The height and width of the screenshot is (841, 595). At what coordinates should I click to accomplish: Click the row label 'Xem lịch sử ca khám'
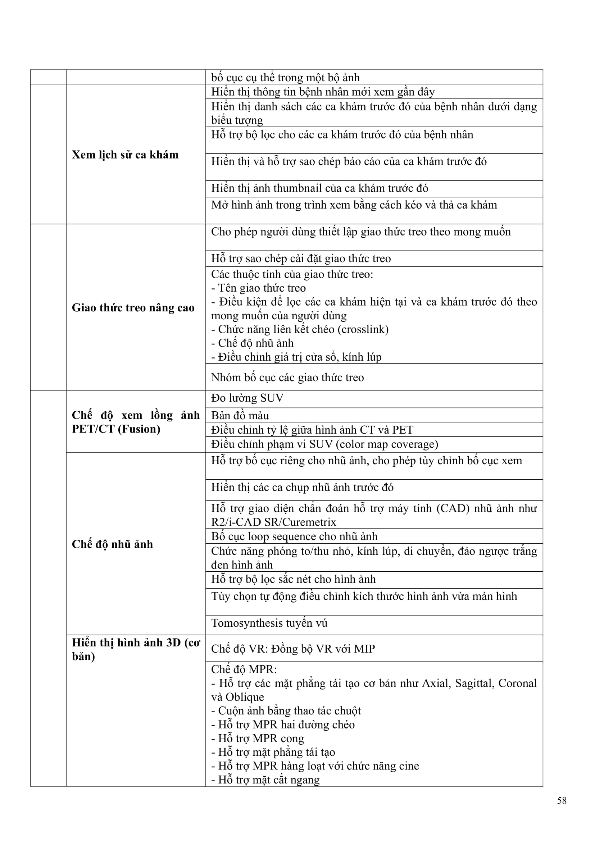(x=125, y=155)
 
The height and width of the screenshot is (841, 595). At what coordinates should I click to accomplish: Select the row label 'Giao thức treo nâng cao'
(x=133, y=308)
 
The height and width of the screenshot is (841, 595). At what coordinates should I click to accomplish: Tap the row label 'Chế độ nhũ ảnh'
(x=112, y=544)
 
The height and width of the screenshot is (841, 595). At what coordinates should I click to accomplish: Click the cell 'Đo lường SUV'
(x=247, y=398)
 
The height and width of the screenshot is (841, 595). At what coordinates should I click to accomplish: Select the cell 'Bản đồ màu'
(x=240, y=415)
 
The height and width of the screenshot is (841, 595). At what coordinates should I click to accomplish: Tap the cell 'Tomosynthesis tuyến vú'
(x=269, y=623)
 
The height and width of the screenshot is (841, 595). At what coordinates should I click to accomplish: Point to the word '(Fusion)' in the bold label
(x=139, y=429)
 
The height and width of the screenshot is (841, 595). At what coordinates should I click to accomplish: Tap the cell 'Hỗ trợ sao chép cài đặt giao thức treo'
(x=301, y=259)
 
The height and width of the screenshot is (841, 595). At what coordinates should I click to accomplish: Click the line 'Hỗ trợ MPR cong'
(x=258, y=739)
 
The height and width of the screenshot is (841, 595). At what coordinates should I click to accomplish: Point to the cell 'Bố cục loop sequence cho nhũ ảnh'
(x=294, y=536)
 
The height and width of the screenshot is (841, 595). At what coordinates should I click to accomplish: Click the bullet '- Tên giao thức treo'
(x=259, y=288)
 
